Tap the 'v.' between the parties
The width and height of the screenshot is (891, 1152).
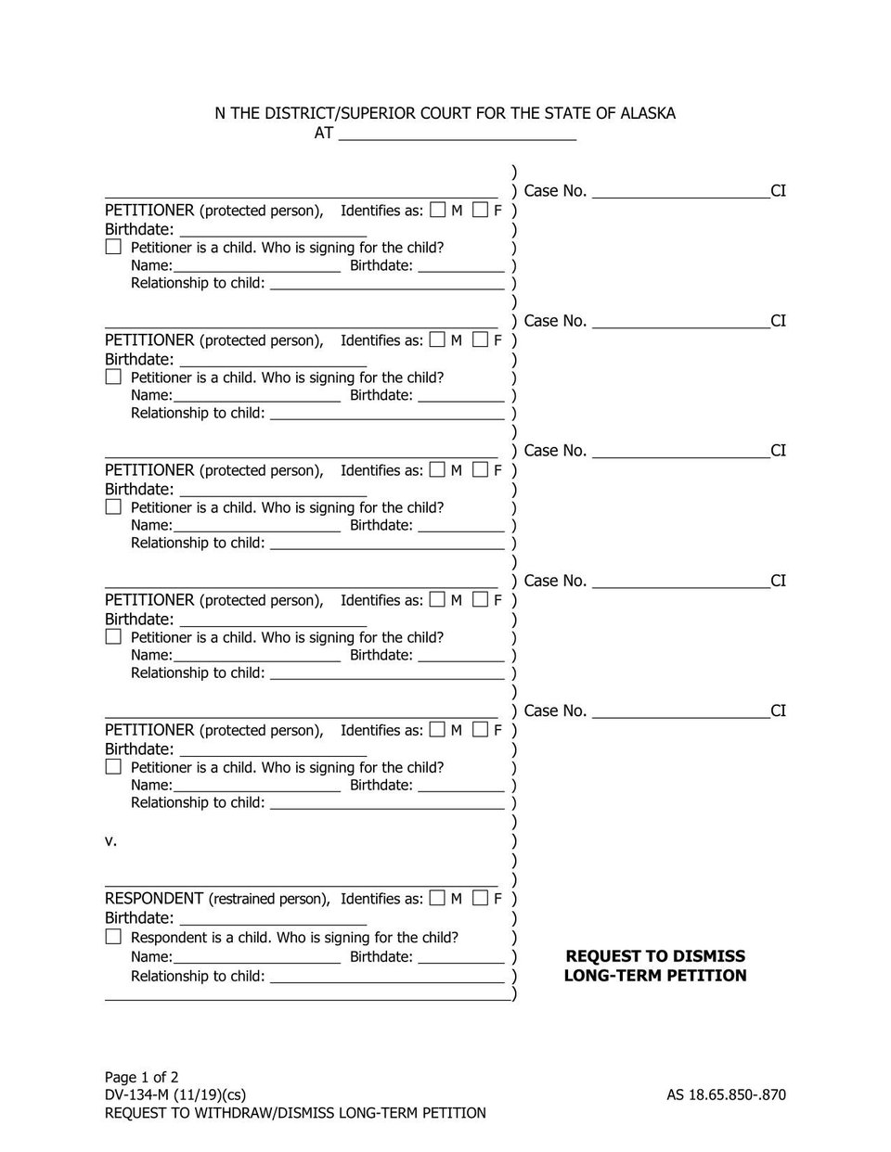110,840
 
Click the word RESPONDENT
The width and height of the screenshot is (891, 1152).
154,898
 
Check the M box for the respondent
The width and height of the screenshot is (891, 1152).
438,898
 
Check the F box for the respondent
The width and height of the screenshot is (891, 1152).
480,898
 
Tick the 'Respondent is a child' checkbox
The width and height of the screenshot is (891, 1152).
113,937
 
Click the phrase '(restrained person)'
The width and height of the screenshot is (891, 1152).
269,899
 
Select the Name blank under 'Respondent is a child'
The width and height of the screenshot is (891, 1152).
256,957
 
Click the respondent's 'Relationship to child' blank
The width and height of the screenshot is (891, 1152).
386,977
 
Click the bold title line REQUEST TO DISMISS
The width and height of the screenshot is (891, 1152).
655,956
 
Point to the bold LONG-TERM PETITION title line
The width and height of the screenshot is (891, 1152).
655,976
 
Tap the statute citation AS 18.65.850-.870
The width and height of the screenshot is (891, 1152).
726,1094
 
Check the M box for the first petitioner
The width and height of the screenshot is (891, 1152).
438,211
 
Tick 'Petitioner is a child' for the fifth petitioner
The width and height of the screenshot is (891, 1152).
113,767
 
